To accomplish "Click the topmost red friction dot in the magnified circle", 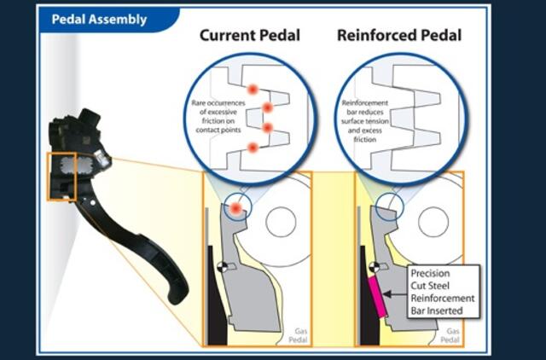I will [x=253, y=90].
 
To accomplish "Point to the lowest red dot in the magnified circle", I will [x=253, y=148].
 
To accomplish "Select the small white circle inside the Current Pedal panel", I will [x=281, y=222].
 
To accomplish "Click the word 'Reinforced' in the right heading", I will [x=369, y=37].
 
